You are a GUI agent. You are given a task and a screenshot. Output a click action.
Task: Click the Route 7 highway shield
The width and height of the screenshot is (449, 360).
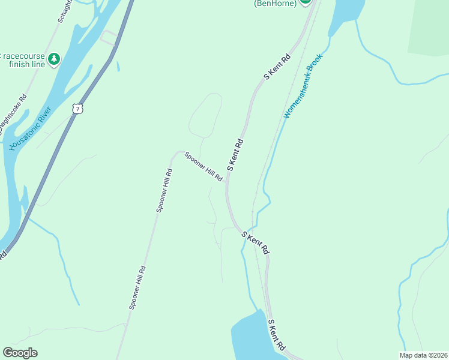coord(76,108)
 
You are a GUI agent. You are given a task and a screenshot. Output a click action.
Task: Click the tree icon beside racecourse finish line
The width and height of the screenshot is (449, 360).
coord(55,59)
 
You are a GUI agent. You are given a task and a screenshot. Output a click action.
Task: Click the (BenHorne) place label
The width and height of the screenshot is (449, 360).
coord(275,3)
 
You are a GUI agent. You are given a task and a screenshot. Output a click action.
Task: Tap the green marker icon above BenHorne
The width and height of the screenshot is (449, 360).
coord(306,2)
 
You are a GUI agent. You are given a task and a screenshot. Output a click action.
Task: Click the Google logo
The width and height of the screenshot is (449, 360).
coord(20,352)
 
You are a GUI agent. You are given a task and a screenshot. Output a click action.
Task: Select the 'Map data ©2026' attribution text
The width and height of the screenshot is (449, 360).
coord(423,355)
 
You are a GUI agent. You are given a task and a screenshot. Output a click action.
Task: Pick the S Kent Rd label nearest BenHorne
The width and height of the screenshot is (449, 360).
coord(277,67)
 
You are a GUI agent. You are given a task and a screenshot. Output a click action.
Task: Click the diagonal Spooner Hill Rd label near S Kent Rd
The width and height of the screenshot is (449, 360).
coord(203,166)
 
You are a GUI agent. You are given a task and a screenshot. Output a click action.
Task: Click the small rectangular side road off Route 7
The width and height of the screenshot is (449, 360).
coord(109,37)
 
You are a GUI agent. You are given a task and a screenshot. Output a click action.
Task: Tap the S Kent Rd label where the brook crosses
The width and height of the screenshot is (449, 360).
coord(255,242)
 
